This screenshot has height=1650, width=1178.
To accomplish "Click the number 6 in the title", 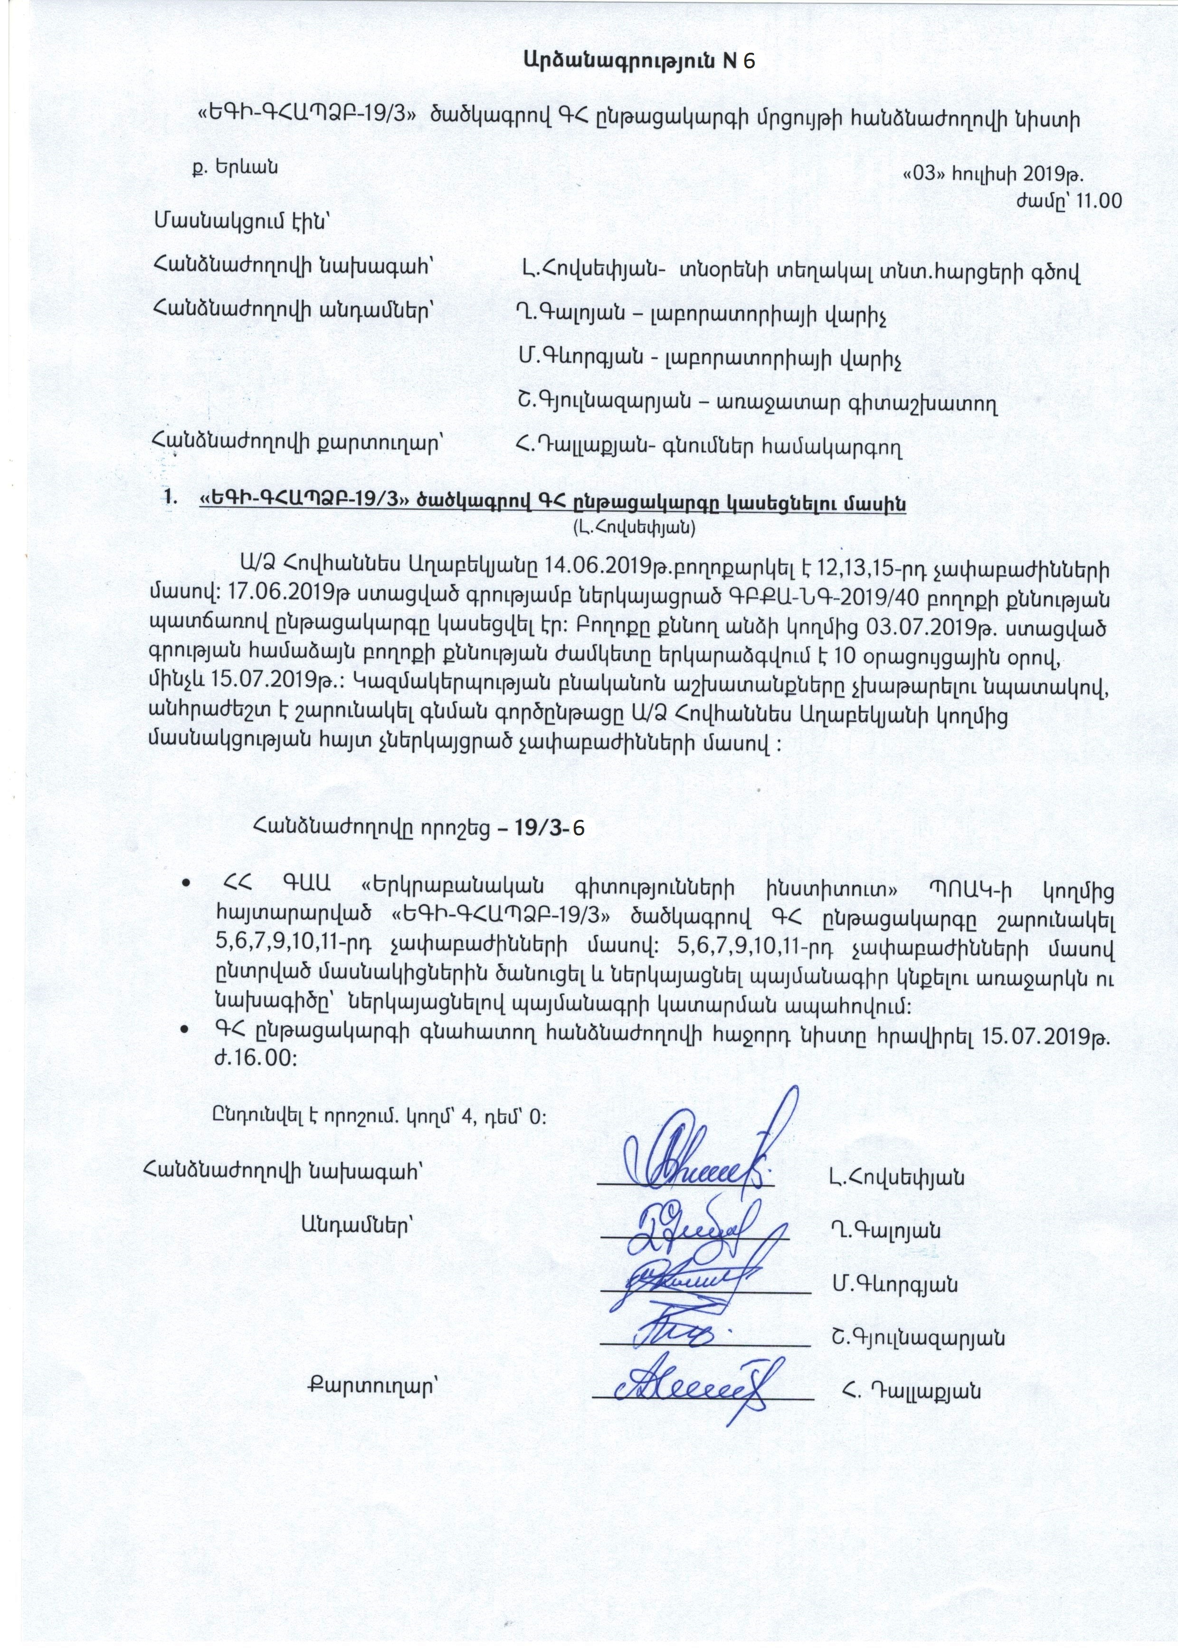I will click(x=749, y=62).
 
